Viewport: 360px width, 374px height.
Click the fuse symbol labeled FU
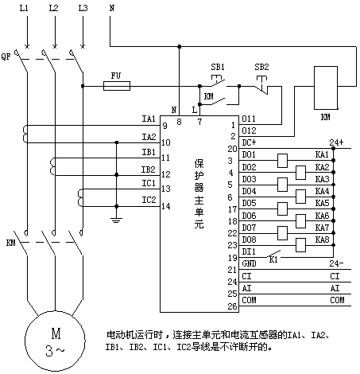(x=117, y=86)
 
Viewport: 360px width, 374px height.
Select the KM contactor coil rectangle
(x=326, y=88)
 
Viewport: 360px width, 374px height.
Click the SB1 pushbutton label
(x=218, y=67)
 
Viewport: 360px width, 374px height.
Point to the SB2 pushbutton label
(x=261, y=67)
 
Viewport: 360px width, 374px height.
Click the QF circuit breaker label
(x=6, y=56)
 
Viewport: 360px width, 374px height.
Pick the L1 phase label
(x=24, y=8)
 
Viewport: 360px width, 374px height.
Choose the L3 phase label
(x=83, y=8)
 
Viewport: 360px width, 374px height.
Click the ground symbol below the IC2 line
(x=116, y=220)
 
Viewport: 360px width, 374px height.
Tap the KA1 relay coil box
(x=282, y=161)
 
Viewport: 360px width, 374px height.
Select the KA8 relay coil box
(x=300, y=245)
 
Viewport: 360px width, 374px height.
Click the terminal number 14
(x=166, y=206)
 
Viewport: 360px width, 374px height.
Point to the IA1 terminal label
(x=149, y=119)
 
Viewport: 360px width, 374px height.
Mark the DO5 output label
(x=249, y=203)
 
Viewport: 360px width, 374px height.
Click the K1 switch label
(x=273, y=259)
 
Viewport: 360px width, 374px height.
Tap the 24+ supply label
(x=336, y=142)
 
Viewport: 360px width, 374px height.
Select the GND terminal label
(x=249, y=263)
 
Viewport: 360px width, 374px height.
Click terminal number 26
(x=232, y=306)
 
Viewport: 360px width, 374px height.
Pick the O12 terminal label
(x=249, y=131)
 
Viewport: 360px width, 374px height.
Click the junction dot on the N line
(x=180, y=47)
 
